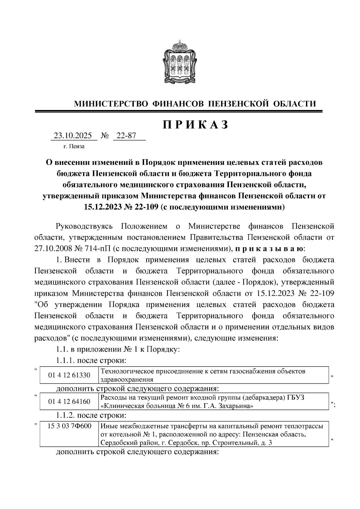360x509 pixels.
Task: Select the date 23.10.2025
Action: (x=73, y=136)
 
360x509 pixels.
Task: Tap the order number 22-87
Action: (x=126, y=136)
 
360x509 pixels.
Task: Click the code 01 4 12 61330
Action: (x=69, y=375)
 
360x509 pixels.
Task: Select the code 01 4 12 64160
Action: (x=69, y=401)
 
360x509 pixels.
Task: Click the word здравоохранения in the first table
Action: (x=127, y=379)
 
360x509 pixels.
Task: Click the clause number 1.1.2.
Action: (x=66, y=415)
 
